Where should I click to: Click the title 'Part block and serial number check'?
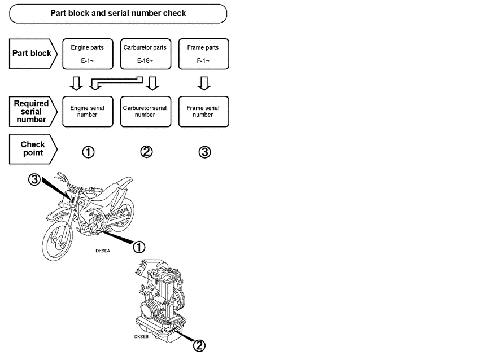click(118, 13)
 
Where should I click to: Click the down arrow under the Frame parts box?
click(204, 83)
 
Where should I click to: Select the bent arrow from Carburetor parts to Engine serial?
click(116, 81)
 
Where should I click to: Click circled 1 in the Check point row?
click(88, 152)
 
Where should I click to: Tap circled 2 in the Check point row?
click(146, 152)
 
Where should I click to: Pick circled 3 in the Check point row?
click(204, 152)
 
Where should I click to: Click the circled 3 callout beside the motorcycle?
click(34, 179)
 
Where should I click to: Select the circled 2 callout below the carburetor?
click(199, 346)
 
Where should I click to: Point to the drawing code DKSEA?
click(103, 251)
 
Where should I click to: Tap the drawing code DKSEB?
click(141, 337)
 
